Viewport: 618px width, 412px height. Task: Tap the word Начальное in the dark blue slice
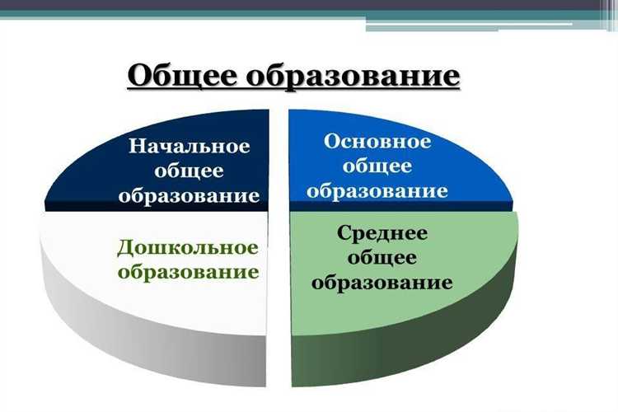tap(189, 147)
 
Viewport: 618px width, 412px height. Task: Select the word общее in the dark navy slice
tap(189, 171)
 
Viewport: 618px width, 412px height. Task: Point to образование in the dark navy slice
tap(189, 196)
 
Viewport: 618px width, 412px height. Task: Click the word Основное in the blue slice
tap(377, 142)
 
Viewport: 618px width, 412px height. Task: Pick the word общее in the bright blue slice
tap(377, 166)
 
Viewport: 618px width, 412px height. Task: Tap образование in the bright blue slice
tap(377, 191)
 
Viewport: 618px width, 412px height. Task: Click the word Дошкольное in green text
tap(188, 247)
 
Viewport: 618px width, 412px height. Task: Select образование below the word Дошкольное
tap(188, 272)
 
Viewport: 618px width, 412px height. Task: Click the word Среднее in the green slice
tap(382, 233)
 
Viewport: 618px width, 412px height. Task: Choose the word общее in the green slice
tap(382, 258)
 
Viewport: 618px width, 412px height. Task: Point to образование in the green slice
tap(382, 283)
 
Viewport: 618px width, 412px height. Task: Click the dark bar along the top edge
tap(247, 4)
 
